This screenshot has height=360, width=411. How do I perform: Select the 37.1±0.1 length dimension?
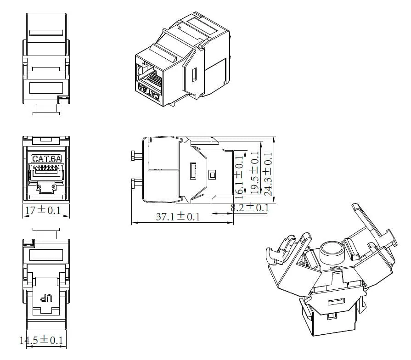click(x=178, y=217)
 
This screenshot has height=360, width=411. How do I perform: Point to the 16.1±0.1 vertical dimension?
click(x=239, y=175)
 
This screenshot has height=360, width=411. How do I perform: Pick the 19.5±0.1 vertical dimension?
click(x=254, y=173)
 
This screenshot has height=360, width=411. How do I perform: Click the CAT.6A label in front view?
click(x=45, y=159)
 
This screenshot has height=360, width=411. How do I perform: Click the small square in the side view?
click(x=212, y=174)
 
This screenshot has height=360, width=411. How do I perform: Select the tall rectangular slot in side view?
click(x=192, y=172)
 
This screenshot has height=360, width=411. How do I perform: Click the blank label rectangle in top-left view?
click(x=45, y=87)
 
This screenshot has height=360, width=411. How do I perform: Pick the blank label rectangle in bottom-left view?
click(x=46, y=255)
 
